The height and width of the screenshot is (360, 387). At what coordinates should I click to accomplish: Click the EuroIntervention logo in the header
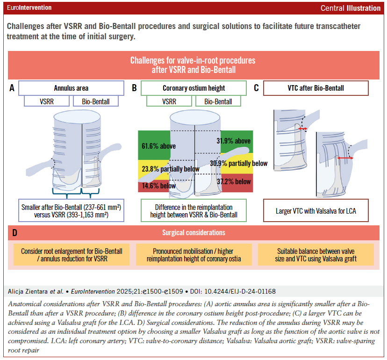(x=29, y=8)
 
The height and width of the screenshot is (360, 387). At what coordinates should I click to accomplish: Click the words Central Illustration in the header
(x=351, y=8)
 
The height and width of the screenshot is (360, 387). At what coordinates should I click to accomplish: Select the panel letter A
(x=12, y=87)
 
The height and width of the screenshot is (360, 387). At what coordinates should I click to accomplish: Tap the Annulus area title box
(x=71, y=88)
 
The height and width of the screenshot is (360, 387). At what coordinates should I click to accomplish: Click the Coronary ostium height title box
(x=193, y=88)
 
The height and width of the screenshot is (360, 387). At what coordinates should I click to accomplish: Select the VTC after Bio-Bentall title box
(x=316, y=88)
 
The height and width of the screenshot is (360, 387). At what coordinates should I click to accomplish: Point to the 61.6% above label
(x=158, y=146)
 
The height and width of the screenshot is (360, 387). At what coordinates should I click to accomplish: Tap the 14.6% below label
(x=158, y=186)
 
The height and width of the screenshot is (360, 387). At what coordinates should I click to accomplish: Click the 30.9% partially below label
(x=239, y=163)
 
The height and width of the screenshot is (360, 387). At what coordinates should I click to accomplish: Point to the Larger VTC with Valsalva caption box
(x=316, y=210)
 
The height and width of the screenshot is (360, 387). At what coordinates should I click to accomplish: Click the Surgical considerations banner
(x=193, y=232)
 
